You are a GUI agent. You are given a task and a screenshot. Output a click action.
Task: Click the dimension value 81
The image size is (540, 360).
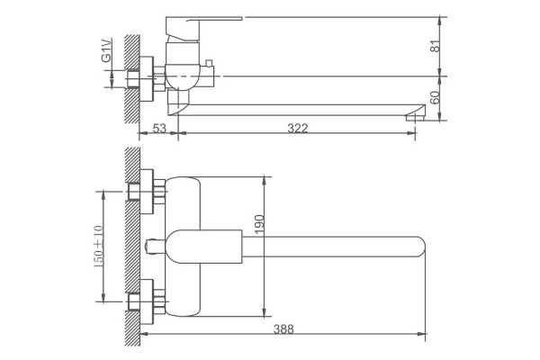tap(436, 46)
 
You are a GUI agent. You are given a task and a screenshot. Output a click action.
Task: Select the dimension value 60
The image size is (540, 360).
tap(436, 98)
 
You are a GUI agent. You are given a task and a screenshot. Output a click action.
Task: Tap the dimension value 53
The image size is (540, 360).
tap(159, 129)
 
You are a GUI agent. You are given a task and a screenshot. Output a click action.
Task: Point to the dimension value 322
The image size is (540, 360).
tap(298, 129)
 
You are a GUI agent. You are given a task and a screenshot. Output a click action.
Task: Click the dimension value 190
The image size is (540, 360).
tap(260, 224)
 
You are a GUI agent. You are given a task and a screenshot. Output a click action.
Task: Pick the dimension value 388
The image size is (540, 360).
tap(283, 329)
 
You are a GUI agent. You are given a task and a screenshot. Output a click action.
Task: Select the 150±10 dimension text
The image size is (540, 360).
tap(98, 247)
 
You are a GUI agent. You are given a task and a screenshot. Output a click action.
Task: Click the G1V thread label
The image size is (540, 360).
tap(106, 51)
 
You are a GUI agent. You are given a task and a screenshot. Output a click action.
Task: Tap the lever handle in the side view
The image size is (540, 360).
tap(203, 29)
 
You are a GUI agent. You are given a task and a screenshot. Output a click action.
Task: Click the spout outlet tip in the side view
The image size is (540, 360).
tap(416, 118)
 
